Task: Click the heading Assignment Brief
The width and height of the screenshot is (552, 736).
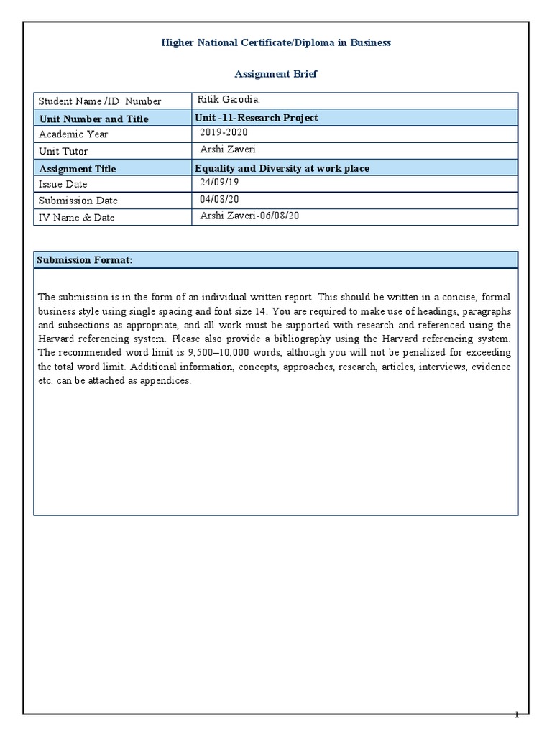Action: point(276,73)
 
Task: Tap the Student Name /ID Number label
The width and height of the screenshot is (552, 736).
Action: point(99,101)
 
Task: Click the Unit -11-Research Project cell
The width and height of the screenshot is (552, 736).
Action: point(257,118)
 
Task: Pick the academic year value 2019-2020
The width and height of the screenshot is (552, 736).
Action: point(224,134)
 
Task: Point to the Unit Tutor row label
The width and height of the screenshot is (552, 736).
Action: point(63,151)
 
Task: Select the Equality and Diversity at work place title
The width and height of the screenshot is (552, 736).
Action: point(282,168)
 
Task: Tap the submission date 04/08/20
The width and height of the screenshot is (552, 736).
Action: point(220,200)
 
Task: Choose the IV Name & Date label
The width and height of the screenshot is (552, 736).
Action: point(76,217)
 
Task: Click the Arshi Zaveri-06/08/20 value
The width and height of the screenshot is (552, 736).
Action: point(249,216)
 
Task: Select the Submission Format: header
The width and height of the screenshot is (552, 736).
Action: point(85,259)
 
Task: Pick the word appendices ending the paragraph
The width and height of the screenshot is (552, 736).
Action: point(167,381)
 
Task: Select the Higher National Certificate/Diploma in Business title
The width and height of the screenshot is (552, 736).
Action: point(276,42)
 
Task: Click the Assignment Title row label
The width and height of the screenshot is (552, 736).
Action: point(77,169)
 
